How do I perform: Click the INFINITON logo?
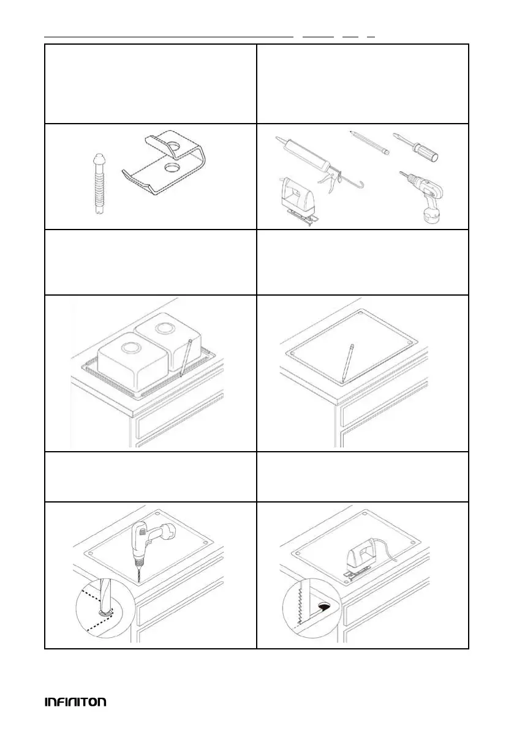point(75,701)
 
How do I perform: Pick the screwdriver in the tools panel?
point(415,147)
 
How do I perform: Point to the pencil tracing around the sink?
point(185,356)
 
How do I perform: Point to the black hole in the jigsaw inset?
point(323,606)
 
